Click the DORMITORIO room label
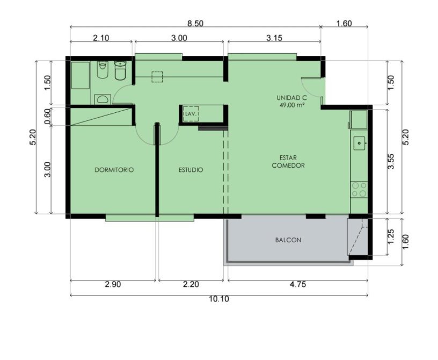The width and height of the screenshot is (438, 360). (114, 170)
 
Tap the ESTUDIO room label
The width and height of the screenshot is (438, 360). (191, 170)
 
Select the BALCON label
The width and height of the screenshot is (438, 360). (288, 240)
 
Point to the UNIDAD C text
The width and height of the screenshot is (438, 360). (291, 98)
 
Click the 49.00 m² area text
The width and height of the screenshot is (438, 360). (291, 105)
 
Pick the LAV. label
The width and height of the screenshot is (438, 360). (191, 114)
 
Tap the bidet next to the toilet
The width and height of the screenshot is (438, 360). (103, 70)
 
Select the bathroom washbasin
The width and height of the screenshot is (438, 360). (103, 99)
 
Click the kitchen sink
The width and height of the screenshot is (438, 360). (359, 143)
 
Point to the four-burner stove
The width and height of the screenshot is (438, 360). (359, 190)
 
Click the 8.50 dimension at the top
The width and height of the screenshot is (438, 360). (195, 24)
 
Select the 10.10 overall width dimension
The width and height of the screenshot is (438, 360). (219, 299)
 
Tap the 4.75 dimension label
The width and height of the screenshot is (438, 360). (298, 285)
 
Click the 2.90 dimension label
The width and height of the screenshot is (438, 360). (113, 285)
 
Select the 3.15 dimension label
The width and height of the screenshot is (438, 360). (274, 38)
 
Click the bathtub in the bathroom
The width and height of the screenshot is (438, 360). (81, 76)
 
